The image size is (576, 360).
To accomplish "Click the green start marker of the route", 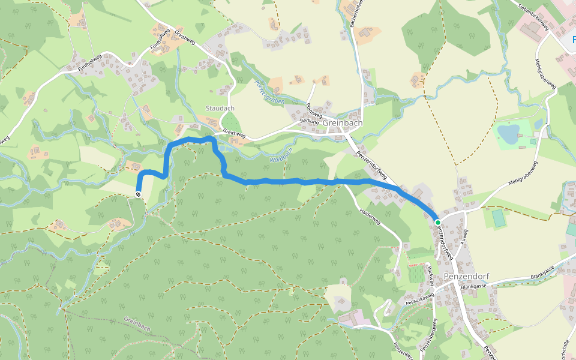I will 438,223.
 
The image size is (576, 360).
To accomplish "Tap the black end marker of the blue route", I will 139,194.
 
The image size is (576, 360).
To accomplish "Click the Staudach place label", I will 220,109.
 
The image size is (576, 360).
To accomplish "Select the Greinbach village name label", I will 343,123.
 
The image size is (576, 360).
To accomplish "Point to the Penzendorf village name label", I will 467,277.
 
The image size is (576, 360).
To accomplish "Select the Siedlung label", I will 309,121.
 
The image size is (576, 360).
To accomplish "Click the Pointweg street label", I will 311,110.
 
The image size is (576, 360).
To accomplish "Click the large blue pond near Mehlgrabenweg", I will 509,134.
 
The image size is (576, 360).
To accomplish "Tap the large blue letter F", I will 571,40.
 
